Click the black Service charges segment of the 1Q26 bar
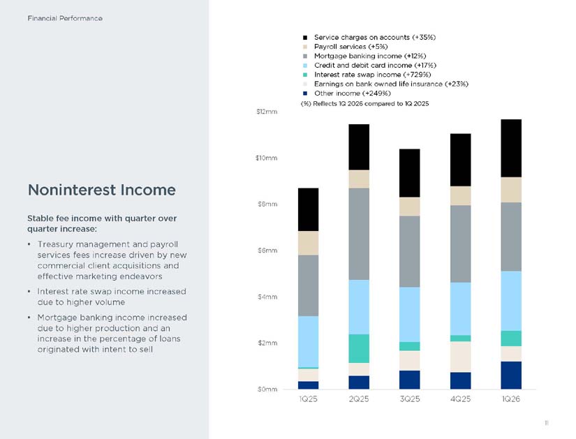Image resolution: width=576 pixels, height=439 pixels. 511,149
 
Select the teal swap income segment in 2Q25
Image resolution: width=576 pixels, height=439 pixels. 359,349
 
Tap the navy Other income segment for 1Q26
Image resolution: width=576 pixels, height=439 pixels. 511,375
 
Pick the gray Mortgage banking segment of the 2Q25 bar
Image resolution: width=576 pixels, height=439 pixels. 359,234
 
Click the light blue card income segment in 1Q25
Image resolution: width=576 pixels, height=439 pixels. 308,342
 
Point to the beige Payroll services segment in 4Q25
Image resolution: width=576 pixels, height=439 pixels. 461,196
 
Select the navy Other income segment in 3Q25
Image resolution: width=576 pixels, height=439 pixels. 410,380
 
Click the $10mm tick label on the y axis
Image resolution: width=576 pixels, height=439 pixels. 266,158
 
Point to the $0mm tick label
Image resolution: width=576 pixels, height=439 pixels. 267,389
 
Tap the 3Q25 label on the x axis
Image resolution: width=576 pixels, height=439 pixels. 410,399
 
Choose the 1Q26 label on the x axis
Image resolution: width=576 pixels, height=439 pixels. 511,399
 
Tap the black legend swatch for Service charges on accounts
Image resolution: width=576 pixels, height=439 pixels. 305,38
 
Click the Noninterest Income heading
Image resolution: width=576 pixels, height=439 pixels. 102,190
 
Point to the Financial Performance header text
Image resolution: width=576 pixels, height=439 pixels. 65,18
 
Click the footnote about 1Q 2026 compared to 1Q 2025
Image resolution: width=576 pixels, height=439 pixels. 364,103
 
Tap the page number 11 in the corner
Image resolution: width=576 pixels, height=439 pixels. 546,423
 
